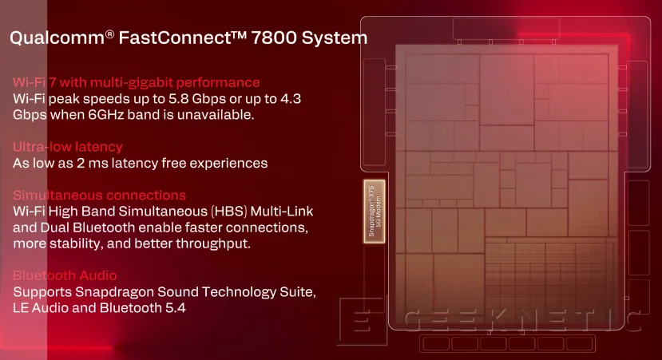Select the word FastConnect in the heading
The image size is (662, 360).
[x=174, y=37]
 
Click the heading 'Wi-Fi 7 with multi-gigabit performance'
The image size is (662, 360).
[x=137, y=82]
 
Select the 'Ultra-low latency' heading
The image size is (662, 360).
[x=68, y=147]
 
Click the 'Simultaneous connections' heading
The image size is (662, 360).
[x=100, y=196]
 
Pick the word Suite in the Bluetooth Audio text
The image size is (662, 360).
[x=280, y=292]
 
